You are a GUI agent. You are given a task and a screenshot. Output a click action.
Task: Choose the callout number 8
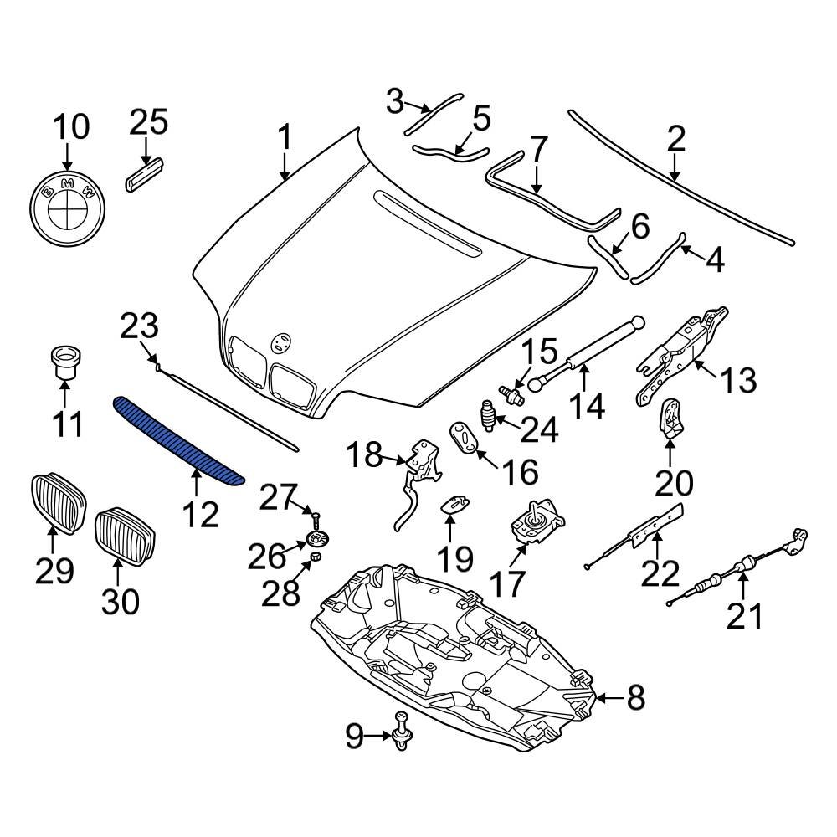(636, 696)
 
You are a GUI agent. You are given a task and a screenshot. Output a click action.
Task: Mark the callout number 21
(744, 618)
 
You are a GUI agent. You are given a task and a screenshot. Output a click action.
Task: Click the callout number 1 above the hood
(285, 136)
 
